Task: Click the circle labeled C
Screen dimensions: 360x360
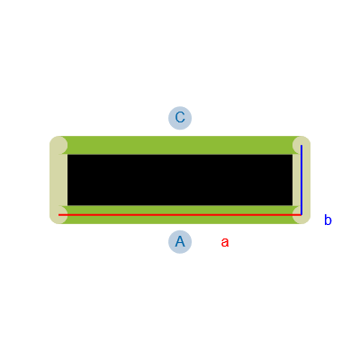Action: click(180, 118)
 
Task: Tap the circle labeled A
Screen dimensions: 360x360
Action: click(180, 242)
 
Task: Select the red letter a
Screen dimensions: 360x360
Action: click(225, 242)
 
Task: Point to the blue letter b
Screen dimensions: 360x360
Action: click(328, 220)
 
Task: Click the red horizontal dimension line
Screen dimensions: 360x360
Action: click(180, 215)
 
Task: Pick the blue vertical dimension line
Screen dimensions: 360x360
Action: click(301, 180)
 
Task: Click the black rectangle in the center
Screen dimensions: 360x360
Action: click(180, 180)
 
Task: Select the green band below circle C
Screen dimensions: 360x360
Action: click(180, 145)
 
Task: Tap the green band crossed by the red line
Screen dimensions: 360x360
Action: click(180, 215)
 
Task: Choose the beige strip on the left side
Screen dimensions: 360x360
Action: click(58, 180)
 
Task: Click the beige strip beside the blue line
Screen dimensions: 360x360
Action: click(297, 180)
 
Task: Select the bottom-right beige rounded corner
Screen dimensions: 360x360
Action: click(301, 215)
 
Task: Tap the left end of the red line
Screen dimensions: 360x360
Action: click(58, 215)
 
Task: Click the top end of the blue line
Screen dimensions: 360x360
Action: click(301, 146)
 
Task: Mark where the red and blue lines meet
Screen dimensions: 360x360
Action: click(301, 215)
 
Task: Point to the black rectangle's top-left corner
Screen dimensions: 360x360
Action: click(67, 155)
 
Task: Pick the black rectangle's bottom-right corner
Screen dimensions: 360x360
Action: click(292, 205)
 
